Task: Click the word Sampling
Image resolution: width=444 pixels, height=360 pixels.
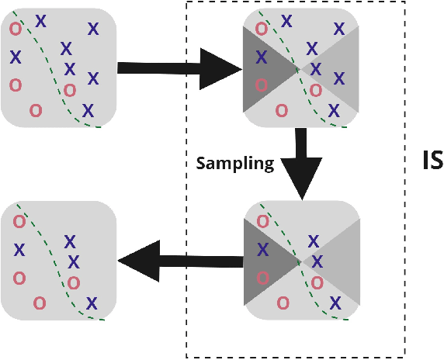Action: point(234,163)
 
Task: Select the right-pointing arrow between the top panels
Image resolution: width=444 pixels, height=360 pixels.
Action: point(171,68)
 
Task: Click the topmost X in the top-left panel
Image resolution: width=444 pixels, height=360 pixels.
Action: point(40,21)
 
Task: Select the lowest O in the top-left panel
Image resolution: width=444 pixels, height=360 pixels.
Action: point(35,110)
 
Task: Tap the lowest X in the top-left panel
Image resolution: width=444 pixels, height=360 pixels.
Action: point(88,109)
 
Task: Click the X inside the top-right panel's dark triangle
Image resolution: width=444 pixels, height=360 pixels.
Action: point(262,57)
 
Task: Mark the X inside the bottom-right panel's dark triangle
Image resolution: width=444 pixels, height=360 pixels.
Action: point(262,250)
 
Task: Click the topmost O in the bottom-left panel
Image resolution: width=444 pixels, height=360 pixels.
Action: point(19,222)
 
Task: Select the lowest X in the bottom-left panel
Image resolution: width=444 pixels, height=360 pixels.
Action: point(92,303)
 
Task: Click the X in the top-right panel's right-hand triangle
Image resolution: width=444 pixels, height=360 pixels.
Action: point(338,78)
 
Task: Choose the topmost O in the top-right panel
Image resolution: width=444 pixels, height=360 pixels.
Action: point(262,29)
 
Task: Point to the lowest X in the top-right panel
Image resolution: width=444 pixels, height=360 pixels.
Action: point(334,110)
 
